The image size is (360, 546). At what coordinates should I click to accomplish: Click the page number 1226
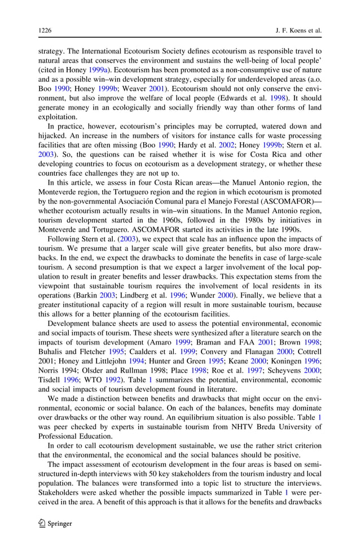(46, 28)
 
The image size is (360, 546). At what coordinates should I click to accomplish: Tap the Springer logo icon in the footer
(42, 523)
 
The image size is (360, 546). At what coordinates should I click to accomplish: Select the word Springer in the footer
(60, 523)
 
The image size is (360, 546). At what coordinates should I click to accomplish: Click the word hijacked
(54, 136)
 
